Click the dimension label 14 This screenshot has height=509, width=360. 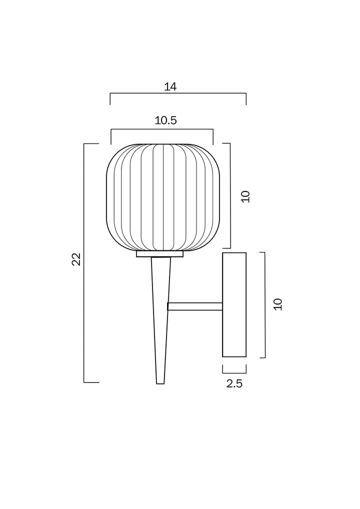170,87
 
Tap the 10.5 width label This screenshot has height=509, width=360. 165,120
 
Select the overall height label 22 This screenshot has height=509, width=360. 76,259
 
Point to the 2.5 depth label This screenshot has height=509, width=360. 234,383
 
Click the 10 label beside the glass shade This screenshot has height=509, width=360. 245,196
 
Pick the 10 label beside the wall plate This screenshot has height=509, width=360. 278,304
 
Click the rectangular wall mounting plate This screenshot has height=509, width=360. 234,304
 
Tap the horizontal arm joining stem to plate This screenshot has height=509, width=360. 195,306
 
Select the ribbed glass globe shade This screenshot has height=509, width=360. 163,197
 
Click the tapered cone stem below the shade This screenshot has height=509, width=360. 160,319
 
